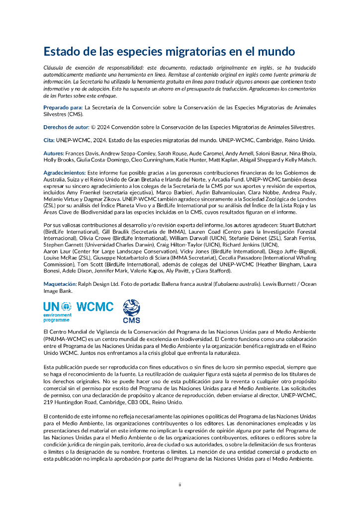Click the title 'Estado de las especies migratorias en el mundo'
coord(169,52)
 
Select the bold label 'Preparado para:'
coord(63,107)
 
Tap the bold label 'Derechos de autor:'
coord(67,127)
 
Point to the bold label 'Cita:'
coord(49,140)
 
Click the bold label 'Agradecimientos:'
coord(64,172)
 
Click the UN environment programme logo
coord(57,311)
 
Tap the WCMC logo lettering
coord(95,307)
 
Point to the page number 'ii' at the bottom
coord(180,485)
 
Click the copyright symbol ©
coord(93,127)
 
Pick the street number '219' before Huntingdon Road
coord(48,402)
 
